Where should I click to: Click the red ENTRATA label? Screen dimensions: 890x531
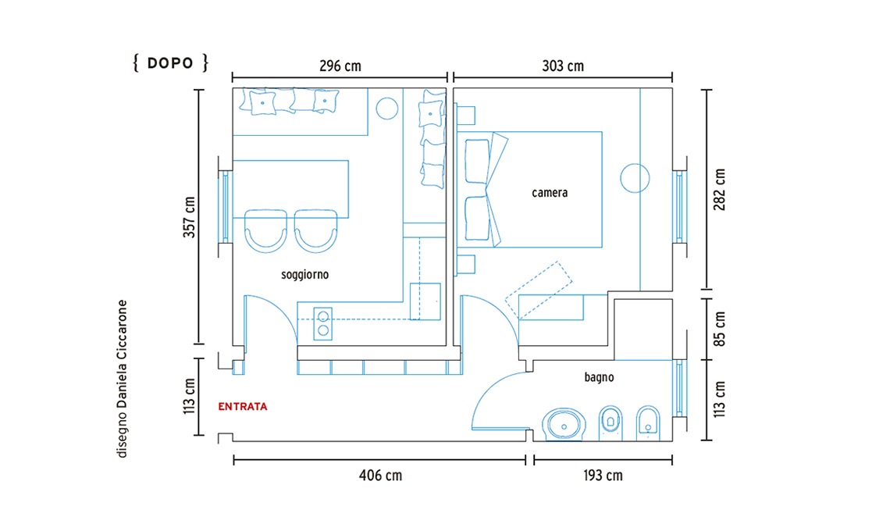(242, 407)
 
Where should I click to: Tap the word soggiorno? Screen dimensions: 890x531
(304, 275)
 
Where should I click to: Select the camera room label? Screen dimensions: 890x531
(550, 193)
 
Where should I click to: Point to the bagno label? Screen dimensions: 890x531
(599, 377)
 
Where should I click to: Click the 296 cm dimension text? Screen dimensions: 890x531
(340, 66)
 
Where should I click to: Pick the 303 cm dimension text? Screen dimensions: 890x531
(562, 66)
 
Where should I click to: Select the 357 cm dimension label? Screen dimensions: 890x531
(189, 217)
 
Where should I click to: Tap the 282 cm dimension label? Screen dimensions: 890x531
(719, 189)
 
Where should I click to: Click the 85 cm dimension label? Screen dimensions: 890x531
(719, 329)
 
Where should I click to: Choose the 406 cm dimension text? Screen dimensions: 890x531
(380, 476)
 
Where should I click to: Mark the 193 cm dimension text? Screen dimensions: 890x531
(603, 476)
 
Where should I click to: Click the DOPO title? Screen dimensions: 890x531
(170, 62)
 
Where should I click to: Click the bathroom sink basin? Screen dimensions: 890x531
(563, 424)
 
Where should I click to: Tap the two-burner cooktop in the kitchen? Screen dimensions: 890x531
(323, 324)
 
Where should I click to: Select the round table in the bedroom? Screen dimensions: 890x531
(635, 178)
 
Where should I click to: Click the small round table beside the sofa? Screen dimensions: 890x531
(386, 109)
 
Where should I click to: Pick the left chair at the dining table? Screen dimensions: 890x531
(265, 231)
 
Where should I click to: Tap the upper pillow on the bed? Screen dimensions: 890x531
(477, 162)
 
